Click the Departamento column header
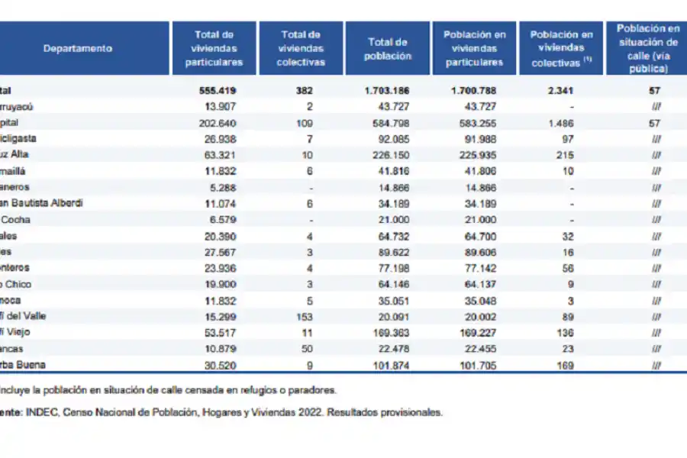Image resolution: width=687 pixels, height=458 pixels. pos(77,48)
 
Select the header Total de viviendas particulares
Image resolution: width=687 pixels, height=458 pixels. pos(214,48)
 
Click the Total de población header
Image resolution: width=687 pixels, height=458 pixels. pos(388,49)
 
